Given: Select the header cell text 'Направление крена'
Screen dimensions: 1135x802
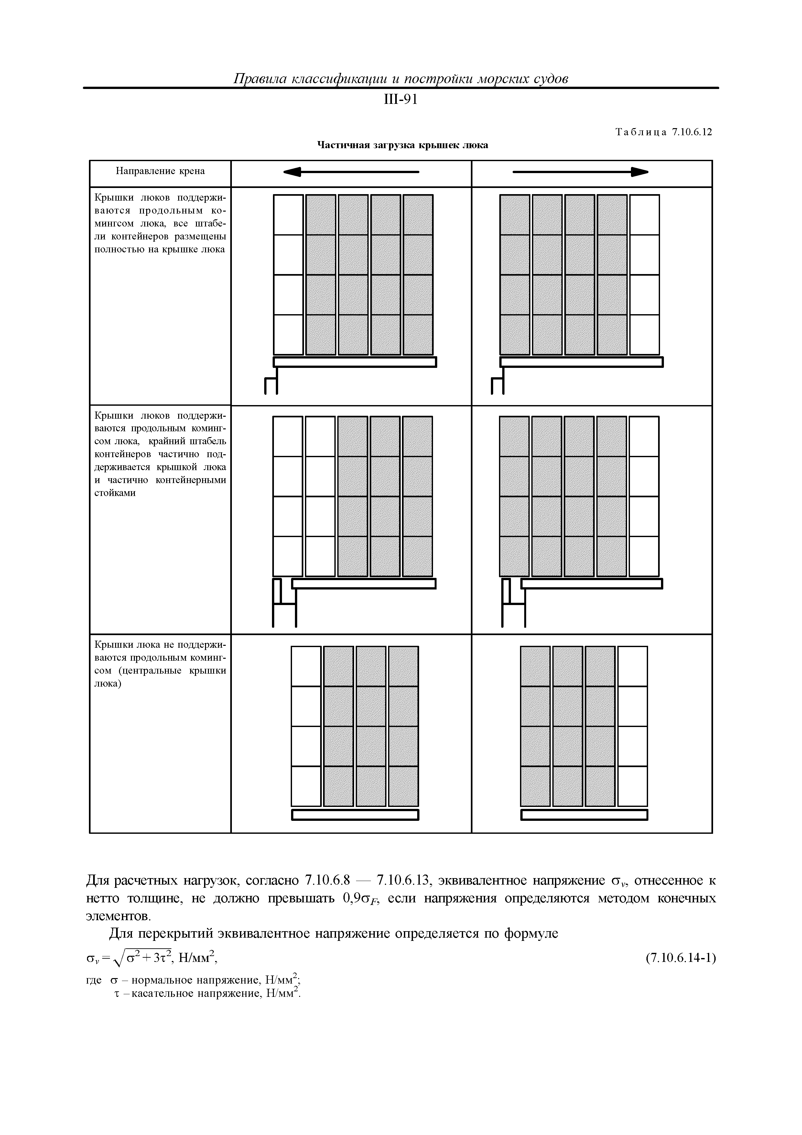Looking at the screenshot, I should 160,171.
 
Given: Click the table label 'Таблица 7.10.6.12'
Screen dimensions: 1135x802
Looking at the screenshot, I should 664,132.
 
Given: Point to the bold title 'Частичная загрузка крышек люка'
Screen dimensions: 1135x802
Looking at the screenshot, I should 402,145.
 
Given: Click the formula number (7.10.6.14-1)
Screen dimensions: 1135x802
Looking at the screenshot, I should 680,958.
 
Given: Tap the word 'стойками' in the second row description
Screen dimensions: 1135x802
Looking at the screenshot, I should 115,493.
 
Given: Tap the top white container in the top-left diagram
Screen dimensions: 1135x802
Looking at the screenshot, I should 288,215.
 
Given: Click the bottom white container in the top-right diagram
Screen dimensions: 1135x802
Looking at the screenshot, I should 645,335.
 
